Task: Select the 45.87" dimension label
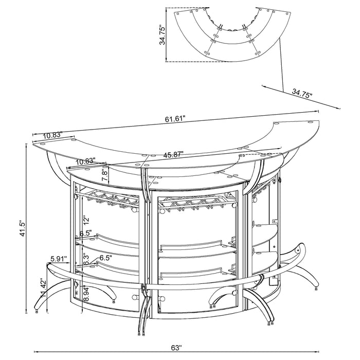tap(174, 154)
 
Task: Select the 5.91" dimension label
tap(59, 259)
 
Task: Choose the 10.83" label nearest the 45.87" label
tap(84, 161)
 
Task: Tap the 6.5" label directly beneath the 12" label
tap(85, 234)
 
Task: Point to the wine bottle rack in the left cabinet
tap(111, 200)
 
